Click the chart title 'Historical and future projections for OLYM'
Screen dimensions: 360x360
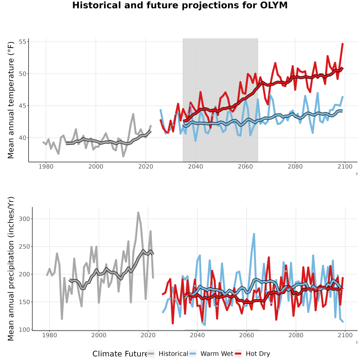180,5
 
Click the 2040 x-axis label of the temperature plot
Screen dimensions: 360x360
195,166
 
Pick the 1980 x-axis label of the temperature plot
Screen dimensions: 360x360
46,166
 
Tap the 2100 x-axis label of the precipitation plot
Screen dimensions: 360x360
345,335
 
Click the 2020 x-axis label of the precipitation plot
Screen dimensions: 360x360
148,335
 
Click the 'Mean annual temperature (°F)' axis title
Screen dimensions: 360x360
11,100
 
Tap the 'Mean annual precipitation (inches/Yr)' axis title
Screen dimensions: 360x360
11,269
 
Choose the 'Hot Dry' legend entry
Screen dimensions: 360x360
252,354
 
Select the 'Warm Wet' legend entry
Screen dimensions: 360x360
212,354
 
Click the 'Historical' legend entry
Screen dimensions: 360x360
168,354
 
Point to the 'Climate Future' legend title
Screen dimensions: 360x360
120,354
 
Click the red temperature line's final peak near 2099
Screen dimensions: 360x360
342,44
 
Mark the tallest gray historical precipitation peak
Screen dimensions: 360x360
138,213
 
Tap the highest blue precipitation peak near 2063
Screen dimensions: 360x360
254,234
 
